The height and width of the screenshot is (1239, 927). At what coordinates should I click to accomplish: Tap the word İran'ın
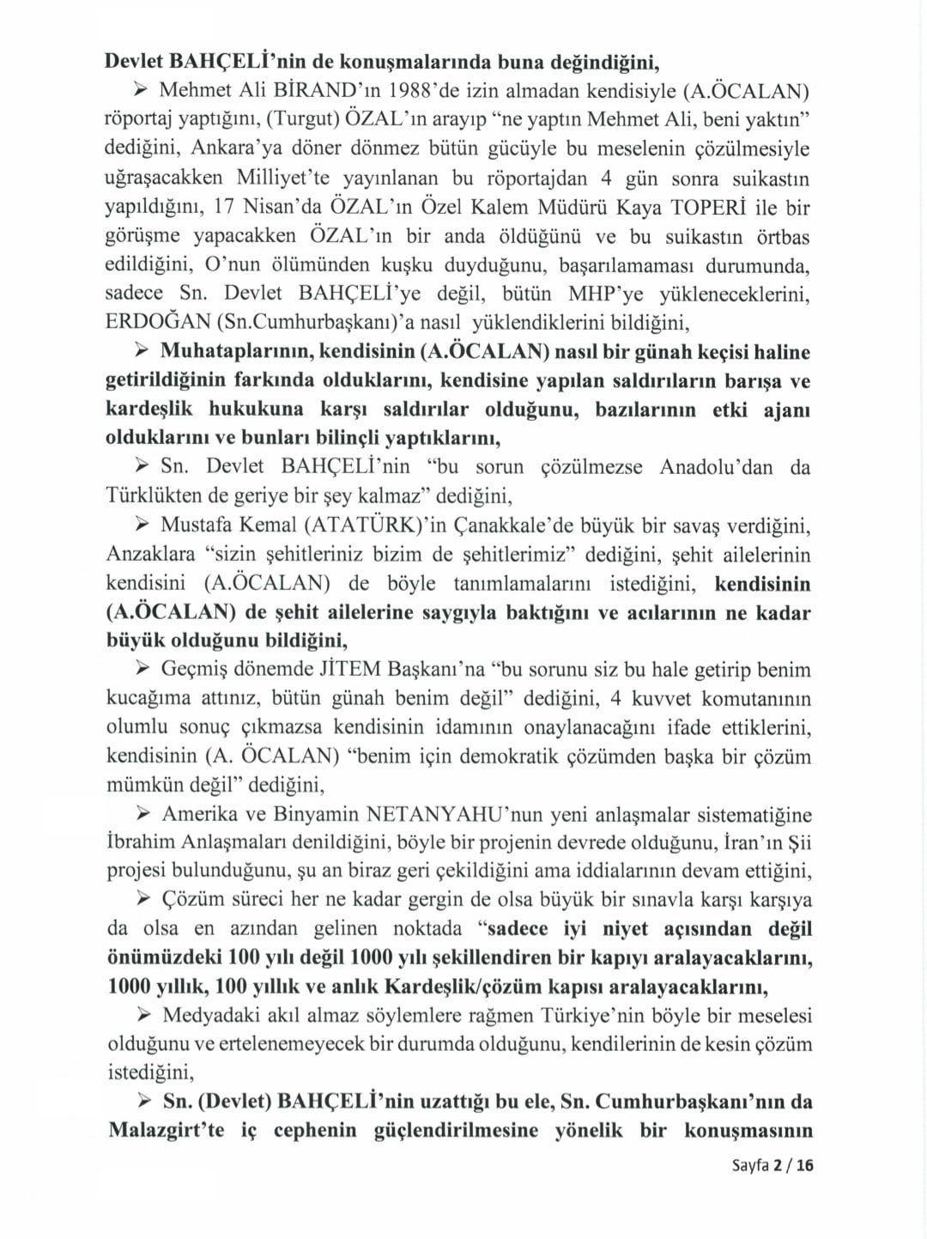pyautogui.click(x=722, y=842)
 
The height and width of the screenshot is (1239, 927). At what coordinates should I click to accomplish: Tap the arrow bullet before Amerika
pyautogui.click(x=143, y=813)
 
